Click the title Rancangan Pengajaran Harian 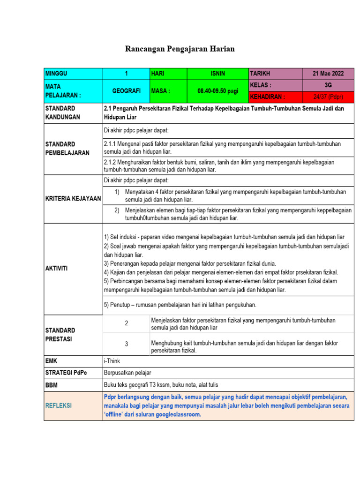(x=180, y=49)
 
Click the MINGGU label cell (x=56, y=74)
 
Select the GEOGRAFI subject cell (x=126, y=91)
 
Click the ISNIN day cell (x=217, y=74)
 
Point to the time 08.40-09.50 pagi (x=217, y=91)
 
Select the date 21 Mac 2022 (x=328, y=74)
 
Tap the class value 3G (x=328, y=85)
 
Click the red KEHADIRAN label (x=268, y=97)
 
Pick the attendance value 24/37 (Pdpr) (x=328, y=97)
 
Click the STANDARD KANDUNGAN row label (x=63, y=112)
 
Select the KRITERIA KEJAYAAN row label (x=73, y=199)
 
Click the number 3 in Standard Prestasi (x=126, y=344)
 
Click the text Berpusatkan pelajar (x=127, y=373)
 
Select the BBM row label (x=52, y=385)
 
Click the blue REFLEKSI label (x=59, y=405)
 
